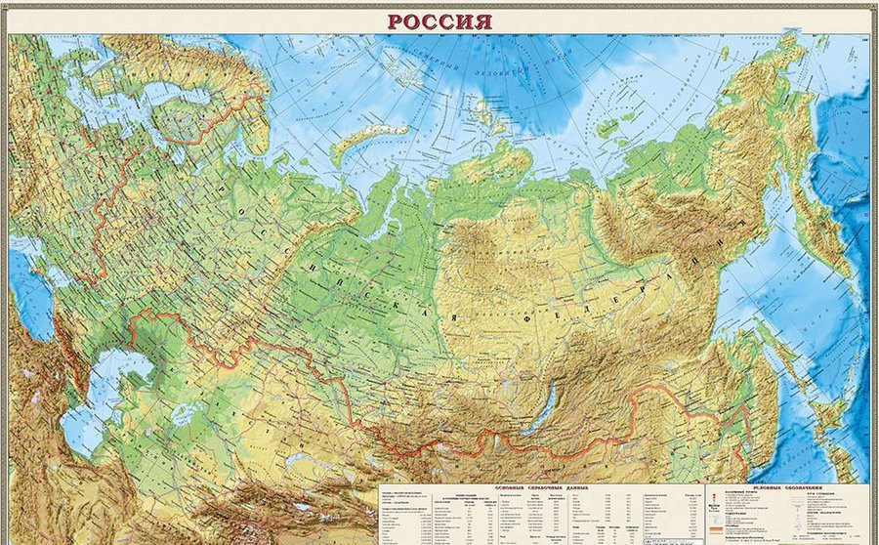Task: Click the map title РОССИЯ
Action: tap(439, 20)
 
